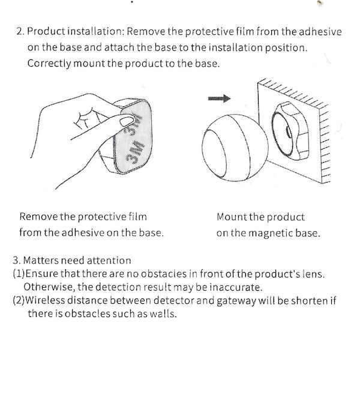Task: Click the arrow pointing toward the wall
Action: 219,98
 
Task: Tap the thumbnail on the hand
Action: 127,121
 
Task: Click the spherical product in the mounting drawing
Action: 235,148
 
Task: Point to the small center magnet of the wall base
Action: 289,133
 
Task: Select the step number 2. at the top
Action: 20,31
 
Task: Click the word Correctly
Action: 49,64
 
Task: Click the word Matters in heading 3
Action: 41,260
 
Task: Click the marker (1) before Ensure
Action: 19,273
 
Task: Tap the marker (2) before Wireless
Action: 19,300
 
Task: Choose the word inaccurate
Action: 236,287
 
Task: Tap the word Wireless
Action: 45,300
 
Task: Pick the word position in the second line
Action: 286,48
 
